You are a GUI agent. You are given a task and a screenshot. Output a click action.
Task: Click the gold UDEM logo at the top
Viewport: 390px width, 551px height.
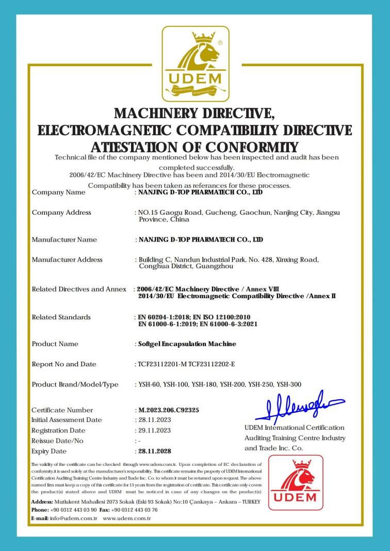point(196,63)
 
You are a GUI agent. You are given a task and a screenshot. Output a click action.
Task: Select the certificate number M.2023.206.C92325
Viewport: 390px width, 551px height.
point(169,410)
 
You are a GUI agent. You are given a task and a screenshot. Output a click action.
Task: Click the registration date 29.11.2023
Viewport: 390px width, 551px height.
point(153,431)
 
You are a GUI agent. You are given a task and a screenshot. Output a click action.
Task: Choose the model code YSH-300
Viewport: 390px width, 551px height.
point(289,384)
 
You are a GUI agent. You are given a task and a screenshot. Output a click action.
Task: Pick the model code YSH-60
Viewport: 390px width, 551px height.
point(149,384)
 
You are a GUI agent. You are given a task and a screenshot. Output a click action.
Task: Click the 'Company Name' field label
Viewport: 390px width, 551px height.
point(59,192)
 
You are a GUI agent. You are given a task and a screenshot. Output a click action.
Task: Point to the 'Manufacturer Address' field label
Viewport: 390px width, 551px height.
point(67,260)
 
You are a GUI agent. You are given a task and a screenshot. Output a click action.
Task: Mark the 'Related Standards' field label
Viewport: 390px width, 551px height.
point(61,317)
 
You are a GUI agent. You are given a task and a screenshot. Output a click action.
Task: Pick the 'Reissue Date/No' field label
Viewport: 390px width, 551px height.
point(57,441)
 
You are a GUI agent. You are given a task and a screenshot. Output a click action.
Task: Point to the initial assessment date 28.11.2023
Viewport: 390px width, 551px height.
point(153,420)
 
